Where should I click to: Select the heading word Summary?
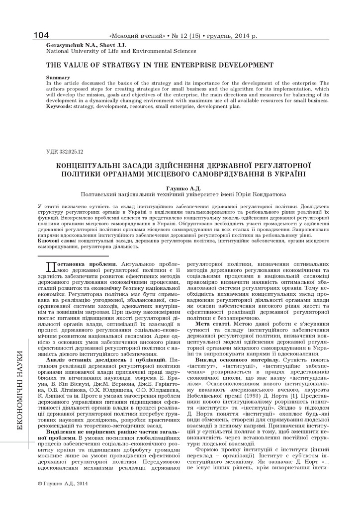pos(58,78)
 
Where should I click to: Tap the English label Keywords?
pos(59,106)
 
